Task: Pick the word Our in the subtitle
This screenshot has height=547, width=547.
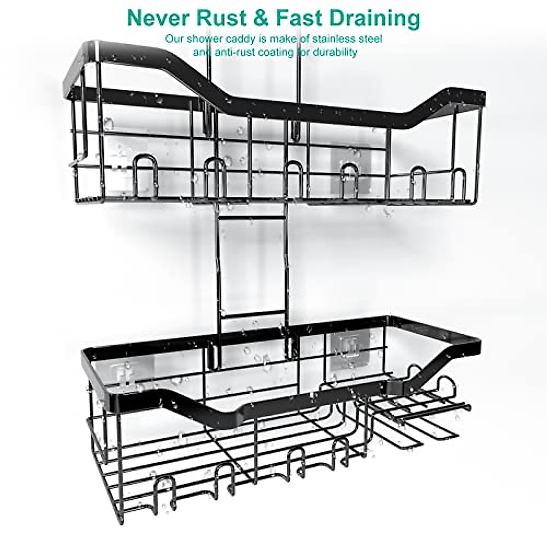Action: pos(173,39)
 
